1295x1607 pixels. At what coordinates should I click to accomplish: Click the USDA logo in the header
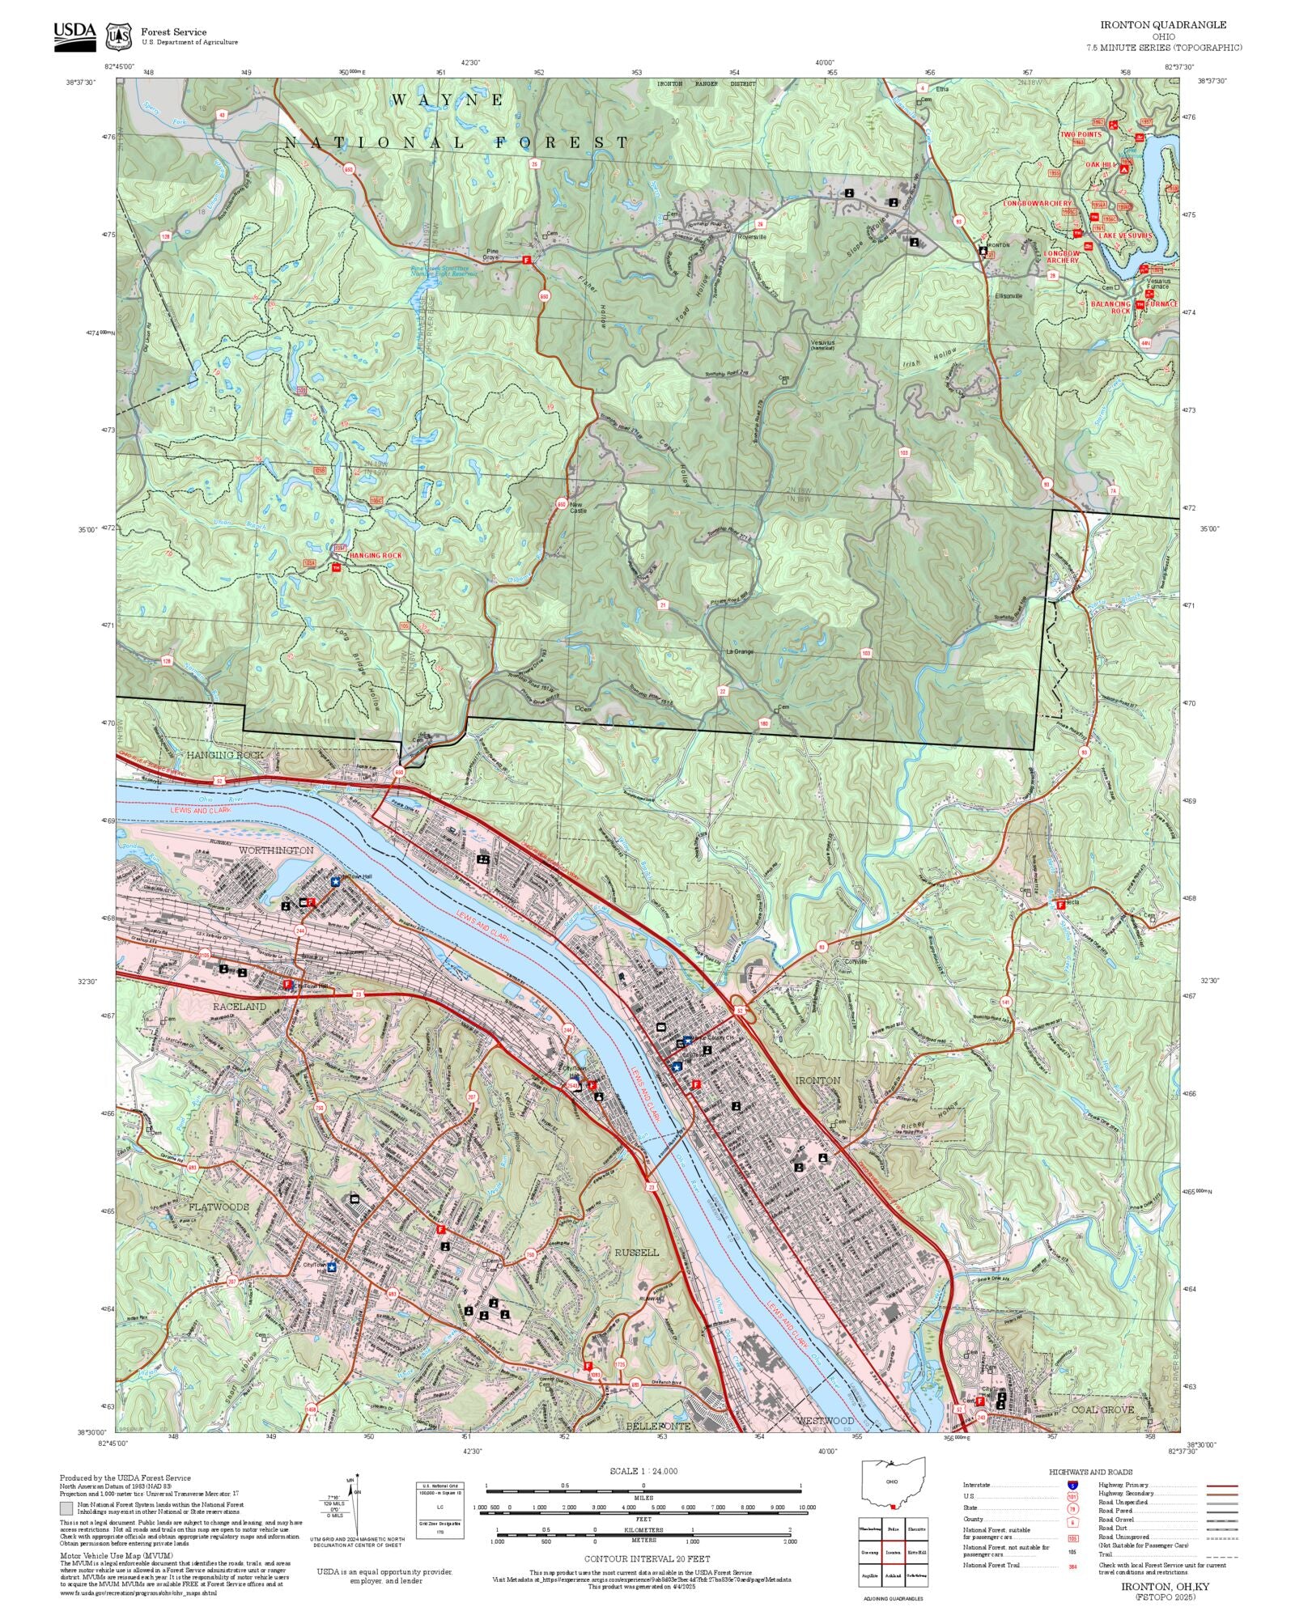(74, 36)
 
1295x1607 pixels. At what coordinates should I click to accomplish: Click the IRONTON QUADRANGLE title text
(1162, 25)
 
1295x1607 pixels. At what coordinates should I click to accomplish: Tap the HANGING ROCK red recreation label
(375, 555)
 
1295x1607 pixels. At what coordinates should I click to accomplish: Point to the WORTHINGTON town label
(276, 850)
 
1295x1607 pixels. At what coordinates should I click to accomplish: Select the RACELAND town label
(239, 1006)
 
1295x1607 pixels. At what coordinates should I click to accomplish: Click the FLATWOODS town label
(219, 1206)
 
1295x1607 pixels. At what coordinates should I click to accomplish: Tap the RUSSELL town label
(636, 1252)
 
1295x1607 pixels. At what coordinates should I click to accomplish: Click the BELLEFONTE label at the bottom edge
(658, 1426)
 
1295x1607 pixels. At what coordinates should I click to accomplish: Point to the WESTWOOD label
(826, 1421)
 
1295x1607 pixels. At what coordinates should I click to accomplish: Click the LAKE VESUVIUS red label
(1124, 235)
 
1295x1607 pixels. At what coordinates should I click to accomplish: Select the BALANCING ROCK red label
(1110, 307)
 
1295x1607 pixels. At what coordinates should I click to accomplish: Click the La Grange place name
(738, 651)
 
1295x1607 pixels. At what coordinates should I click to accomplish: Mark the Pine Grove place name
(491, 254)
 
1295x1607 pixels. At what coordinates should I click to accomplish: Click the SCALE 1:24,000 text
(643, 1470)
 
